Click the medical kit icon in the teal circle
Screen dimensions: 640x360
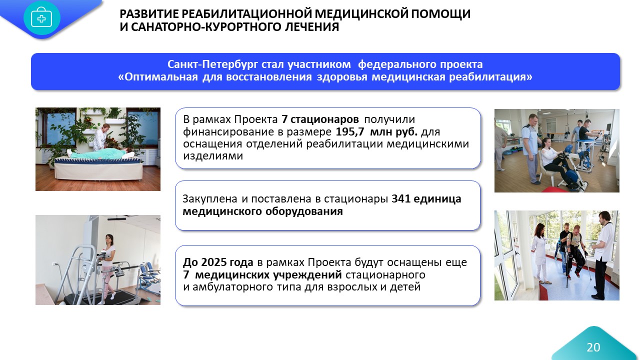coord(41,18)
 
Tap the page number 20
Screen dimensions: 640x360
coord(593,347)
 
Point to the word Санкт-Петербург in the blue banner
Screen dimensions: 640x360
coord(212,64)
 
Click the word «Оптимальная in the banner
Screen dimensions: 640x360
coord(158,77)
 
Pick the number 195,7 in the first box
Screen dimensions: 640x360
coord(349,131)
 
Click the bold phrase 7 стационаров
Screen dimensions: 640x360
coord(320,119)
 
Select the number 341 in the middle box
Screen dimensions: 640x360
coord(400,199)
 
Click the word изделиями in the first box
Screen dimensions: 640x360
coord(213,156)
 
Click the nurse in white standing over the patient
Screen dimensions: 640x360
coord(101,136)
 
